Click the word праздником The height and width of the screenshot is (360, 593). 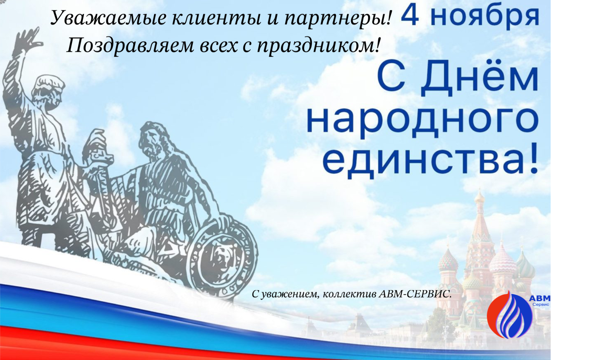tap(318, 46)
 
